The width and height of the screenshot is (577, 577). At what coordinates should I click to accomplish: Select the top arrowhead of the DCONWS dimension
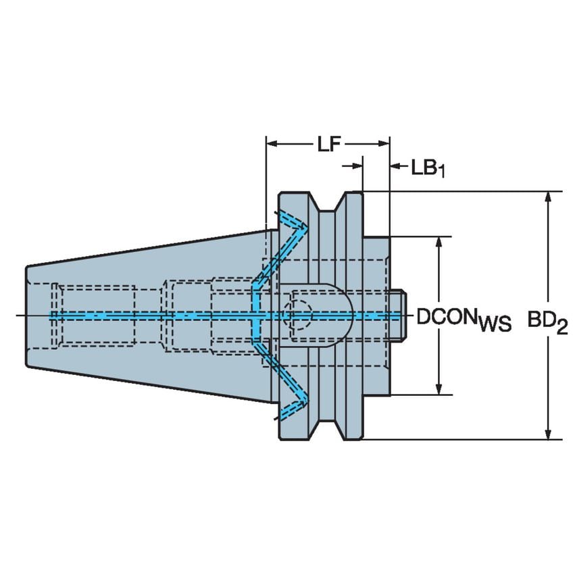(440, 243)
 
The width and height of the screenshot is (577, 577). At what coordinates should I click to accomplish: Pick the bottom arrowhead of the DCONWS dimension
(440, 388)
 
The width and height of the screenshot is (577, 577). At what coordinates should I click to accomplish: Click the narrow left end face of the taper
(28, 316)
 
